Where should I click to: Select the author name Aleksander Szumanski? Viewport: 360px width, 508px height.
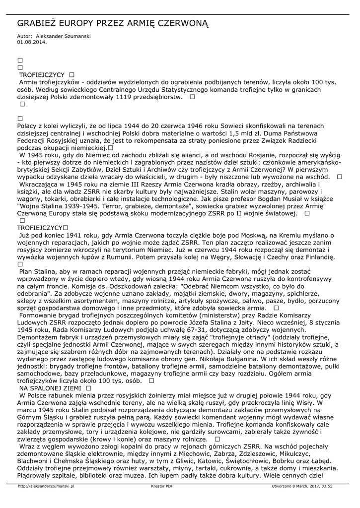(64, 37)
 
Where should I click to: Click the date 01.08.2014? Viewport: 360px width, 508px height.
(32, 42)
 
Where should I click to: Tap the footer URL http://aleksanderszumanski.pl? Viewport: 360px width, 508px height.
(46, 487)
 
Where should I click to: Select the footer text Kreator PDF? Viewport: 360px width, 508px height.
(162, 487)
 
